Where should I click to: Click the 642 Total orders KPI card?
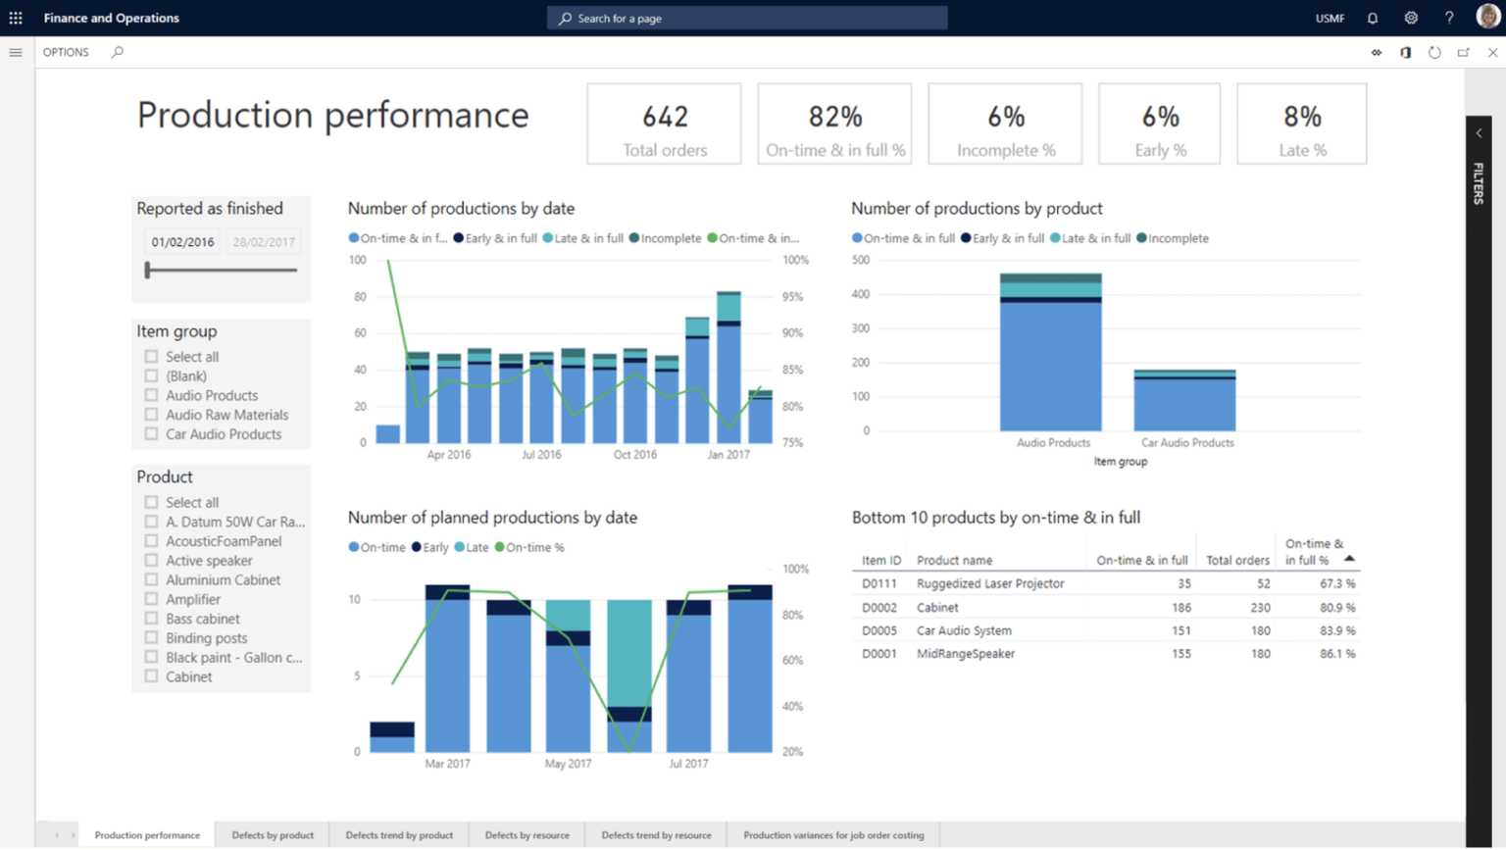[x=664, y=125]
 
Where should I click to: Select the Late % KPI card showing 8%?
[x=1301, y=125]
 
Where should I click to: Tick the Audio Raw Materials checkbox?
[x=151, y=415]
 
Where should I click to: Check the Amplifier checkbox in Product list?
[x=151, y=599]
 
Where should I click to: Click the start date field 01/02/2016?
[x=182, y=242]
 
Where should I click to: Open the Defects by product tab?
[x=273, y=835]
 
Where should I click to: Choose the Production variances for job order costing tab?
[x=832, y=835]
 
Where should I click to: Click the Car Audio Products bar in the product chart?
[x=1184, y=403]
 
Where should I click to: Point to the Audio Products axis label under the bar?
[x=1053, y=443]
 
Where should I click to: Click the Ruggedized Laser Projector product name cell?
[x=989, y=583]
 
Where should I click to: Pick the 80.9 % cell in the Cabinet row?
[x=1337, y=608]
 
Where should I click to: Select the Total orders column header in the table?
[x=1237, y=561]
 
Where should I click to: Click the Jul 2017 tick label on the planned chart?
[x=688, y=764]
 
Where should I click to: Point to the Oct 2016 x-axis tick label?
[x=634, y=455]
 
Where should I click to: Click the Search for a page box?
[x=747, y=18]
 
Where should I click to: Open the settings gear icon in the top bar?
[x=1411, y=18]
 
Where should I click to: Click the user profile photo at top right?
[x=1486, y=17]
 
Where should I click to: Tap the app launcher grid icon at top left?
[x=16, y=18]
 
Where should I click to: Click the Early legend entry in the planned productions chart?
[x=430, y=548]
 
